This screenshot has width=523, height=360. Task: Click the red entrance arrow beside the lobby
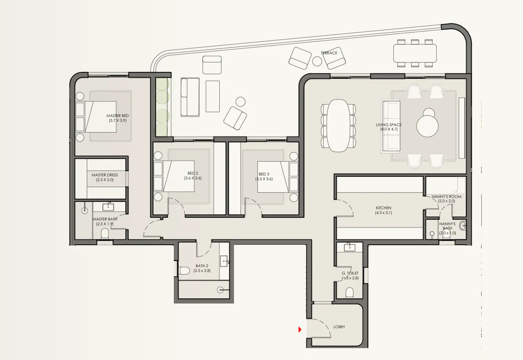[x=300, y=330]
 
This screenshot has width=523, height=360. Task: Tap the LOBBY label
[x=339, y=327]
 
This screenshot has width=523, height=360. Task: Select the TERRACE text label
[x=329, y=53]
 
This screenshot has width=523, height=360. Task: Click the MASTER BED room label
[x=118, y=116]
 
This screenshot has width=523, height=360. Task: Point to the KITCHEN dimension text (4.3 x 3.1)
[x=383, y=213]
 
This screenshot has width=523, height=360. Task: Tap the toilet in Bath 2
[x=184, y=271]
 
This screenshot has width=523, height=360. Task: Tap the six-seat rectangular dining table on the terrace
[x=415, y=53]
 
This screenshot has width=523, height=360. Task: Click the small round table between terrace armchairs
[x=317, y=61]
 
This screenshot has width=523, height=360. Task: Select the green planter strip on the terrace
[x=162, y=107]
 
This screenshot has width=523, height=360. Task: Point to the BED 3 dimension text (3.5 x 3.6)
[x=264, y=179]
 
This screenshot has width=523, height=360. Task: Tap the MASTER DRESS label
[x=105, y=175]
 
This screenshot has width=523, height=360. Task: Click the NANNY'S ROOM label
[x=446, y=197]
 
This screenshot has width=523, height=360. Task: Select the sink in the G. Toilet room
[x=349, y=246]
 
